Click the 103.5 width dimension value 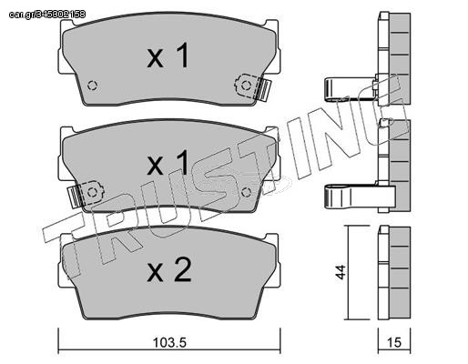coord(169,342)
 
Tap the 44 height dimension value coord(341,272)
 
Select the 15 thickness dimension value coord(394,342)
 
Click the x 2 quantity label coord(169,270)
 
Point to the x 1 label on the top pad coord(168,56)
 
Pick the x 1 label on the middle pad coord(168,163)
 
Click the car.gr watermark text coord(47,15)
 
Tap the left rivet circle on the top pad coord(92,86)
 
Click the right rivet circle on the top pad coord(246,86)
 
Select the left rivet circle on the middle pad coord(92,192)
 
